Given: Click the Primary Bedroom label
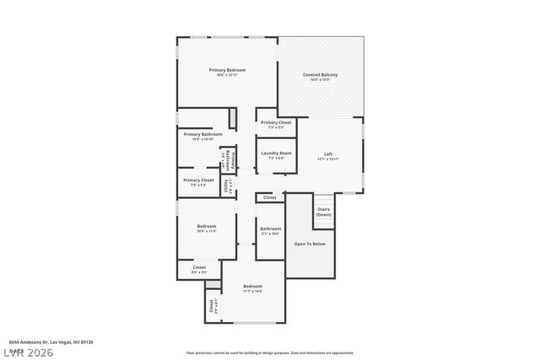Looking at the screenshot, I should pos(227,70).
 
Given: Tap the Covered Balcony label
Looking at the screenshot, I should pos(321,75).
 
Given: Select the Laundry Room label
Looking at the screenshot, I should pos(276,153).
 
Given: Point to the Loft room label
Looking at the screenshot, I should pos(328,153).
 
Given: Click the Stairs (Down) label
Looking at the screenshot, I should pos(323,212).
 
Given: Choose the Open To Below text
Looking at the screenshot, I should pos(310,244).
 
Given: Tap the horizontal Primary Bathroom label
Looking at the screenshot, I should pos(201,134).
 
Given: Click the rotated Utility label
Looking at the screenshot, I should pos(225,185).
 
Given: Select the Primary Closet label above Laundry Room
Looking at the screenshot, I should pos(276,122).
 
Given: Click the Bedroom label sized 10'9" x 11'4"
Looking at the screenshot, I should pos(207,226).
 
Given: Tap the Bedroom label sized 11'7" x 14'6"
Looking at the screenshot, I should pos(253,286).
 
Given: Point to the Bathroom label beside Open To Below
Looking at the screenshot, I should pos(270,228).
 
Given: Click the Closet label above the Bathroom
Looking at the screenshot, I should pos(269,197).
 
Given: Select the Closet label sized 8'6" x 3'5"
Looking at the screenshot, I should pos(199,267).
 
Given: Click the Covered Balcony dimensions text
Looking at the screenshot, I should pos(321,81).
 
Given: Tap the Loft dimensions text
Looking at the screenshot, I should pos(328,159).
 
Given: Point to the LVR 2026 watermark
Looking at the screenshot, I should pos(28,352).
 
